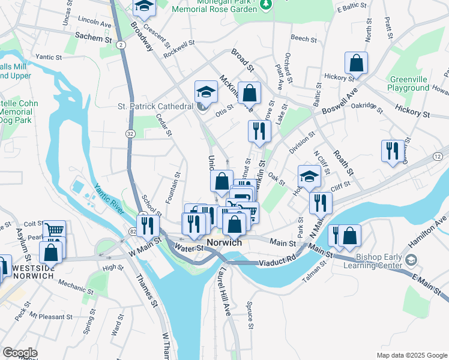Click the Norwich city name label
(224, 242)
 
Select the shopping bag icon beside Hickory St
(356, 64)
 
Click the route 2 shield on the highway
(121, 44)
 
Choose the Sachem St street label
(94, 37)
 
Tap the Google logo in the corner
(20, 352)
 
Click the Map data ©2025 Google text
(411, 355)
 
